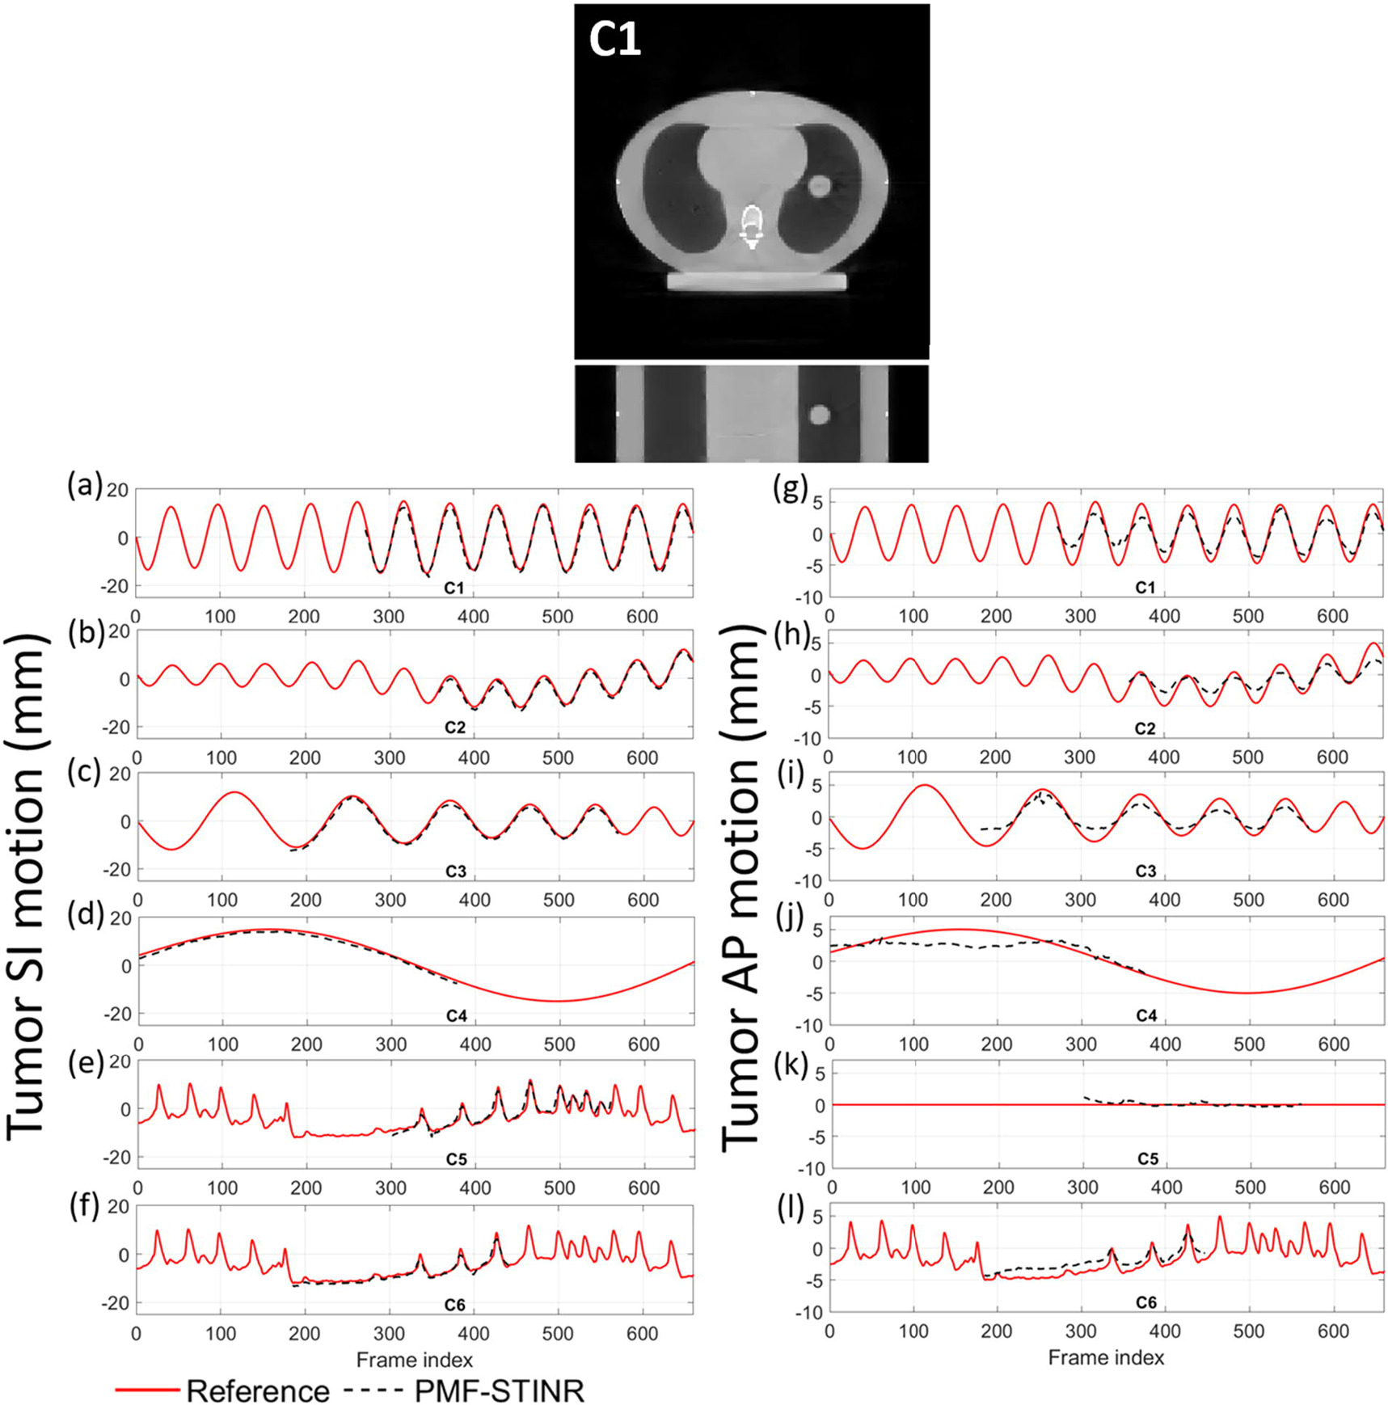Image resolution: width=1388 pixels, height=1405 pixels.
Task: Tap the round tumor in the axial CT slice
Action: coord(820,187)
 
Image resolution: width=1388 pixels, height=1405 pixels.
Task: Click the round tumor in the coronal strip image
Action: coord(820,416)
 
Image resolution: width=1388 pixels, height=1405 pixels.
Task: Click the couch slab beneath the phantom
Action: coord(756,281)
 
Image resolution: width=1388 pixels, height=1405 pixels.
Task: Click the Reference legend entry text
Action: coord(258,1390)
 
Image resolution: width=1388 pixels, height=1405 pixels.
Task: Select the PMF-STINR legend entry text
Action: coord(499,1390)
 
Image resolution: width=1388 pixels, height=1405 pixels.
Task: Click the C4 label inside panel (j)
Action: coord(1146,1015)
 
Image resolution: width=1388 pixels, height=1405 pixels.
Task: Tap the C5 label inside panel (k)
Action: coord(1148,1158)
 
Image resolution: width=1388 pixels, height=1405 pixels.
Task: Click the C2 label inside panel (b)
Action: coord(455,728)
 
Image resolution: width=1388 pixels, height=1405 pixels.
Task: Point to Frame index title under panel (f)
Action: coord(414,1359)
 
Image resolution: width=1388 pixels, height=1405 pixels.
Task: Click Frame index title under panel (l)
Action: coord(1106,1357)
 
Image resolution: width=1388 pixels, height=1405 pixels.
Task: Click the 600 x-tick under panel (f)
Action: coord(642,1333)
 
